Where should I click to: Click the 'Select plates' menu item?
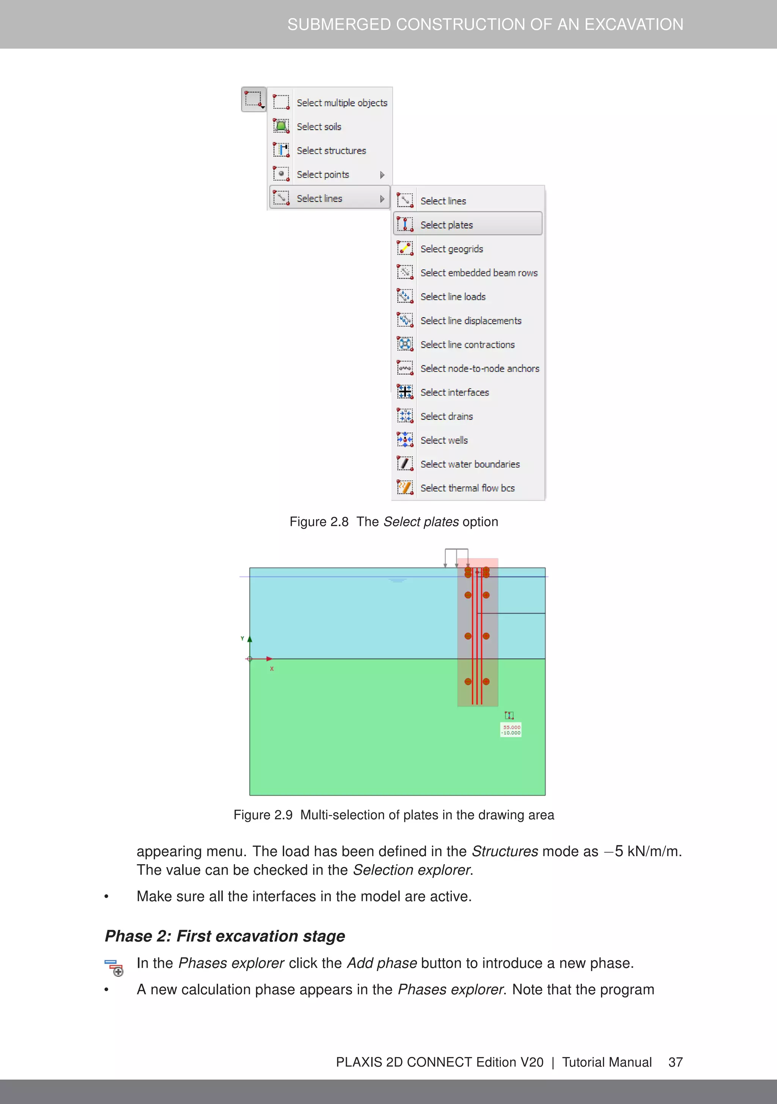click(446, 225)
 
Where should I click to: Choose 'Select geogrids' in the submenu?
click(451, 249)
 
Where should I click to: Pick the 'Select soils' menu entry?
click(319, 126)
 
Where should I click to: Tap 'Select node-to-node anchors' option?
click(480, 369)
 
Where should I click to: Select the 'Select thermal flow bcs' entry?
click(467, 488)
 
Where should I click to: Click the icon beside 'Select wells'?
click(405, 439)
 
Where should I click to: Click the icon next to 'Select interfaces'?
click(405, 392)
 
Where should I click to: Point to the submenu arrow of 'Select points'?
click(382, 175)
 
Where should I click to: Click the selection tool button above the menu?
click(254, 99)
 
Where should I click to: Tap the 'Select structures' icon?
click(281, 150)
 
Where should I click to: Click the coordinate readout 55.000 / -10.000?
click(511, 730)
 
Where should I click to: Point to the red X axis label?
click(272, 669)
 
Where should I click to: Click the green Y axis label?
click(242, 639)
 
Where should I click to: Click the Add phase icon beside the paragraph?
click(114, 967)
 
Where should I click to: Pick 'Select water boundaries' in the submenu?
click(470, 464)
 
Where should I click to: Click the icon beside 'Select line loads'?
click(405, 296)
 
